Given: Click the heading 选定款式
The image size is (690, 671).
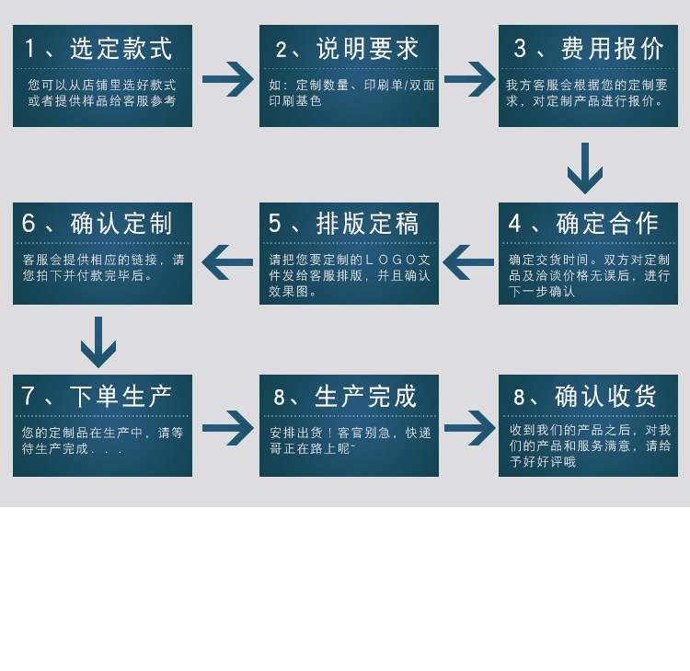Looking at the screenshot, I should (x=121, y=49).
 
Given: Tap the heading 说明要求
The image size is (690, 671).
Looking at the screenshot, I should (x=367, y=49).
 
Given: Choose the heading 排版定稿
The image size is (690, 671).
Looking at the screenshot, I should (x=367, y=224).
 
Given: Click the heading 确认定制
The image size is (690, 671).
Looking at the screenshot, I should (x=121, y=224).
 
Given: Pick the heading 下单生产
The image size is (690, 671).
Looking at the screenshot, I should (x=121, y=397).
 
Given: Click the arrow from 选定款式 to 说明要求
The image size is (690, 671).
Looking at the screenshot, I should (x=227, y=79).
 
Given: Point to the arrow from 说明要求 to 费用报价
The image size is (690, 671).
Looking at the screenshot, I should (x=469, y=79).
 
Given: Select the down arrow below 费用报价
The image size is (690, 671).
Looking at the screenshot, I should (x=585, y=168).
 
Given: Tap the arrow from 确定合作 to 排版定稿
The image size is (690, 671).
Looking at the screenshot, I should (x=469, y=261).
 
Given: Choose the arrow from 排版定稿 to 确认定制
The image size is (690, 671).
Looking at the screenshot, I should (x=227, y=261).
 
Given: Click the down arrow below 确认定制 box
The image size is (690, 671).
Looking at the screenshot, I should (x=98, y=341).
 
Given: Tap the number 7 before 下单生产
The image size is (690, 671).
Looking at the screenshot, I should (x=29, y=397).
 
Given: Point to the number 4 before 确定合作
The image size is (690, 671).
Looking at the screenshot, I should (x=515, y=224).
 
